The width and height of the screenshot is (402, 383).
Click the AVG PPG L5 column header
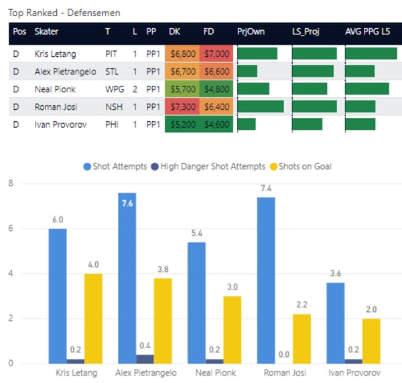pyautogui.click(x=367, y=31)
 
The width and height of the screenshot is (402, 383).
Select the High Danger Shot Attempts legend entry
pyautogui.click(x=207, y=166)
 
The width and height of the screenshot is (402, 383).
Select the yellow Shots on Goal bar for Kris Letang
pyautogui.click(x=94, y=318)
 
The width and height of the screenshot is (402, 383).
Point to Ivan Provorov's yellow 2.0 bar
pyautogui.click(x=372, y=341)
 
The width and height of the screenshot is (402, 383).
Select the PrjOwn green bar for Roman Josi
pyautogui.click(x=261, y=106)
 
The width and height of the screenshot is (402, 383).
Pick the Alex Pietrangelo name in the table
pyautogui.click(x=66, y=71)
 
